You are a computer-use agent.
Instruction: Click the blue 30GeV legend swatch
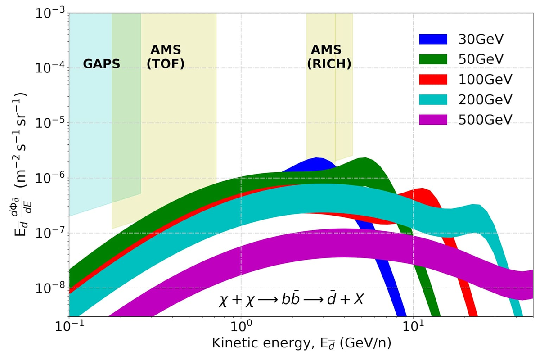coord(433,40)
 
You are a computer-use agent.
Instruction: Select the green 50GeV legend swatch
coord(433,59)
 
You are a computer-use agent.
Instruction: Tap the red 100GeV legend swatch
coord(433,80)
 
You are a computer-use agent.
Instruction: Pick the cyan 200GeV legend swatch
coord(433,99)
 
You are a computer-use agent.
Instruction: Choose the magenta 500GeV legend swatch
coord(433,119)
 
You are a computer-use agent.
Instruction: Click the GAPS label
coord(102,64)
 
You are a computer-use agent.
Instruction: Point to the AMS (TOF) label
coord(166,57)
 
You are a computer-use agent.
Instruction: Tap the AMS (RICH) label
coord(329,57)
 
